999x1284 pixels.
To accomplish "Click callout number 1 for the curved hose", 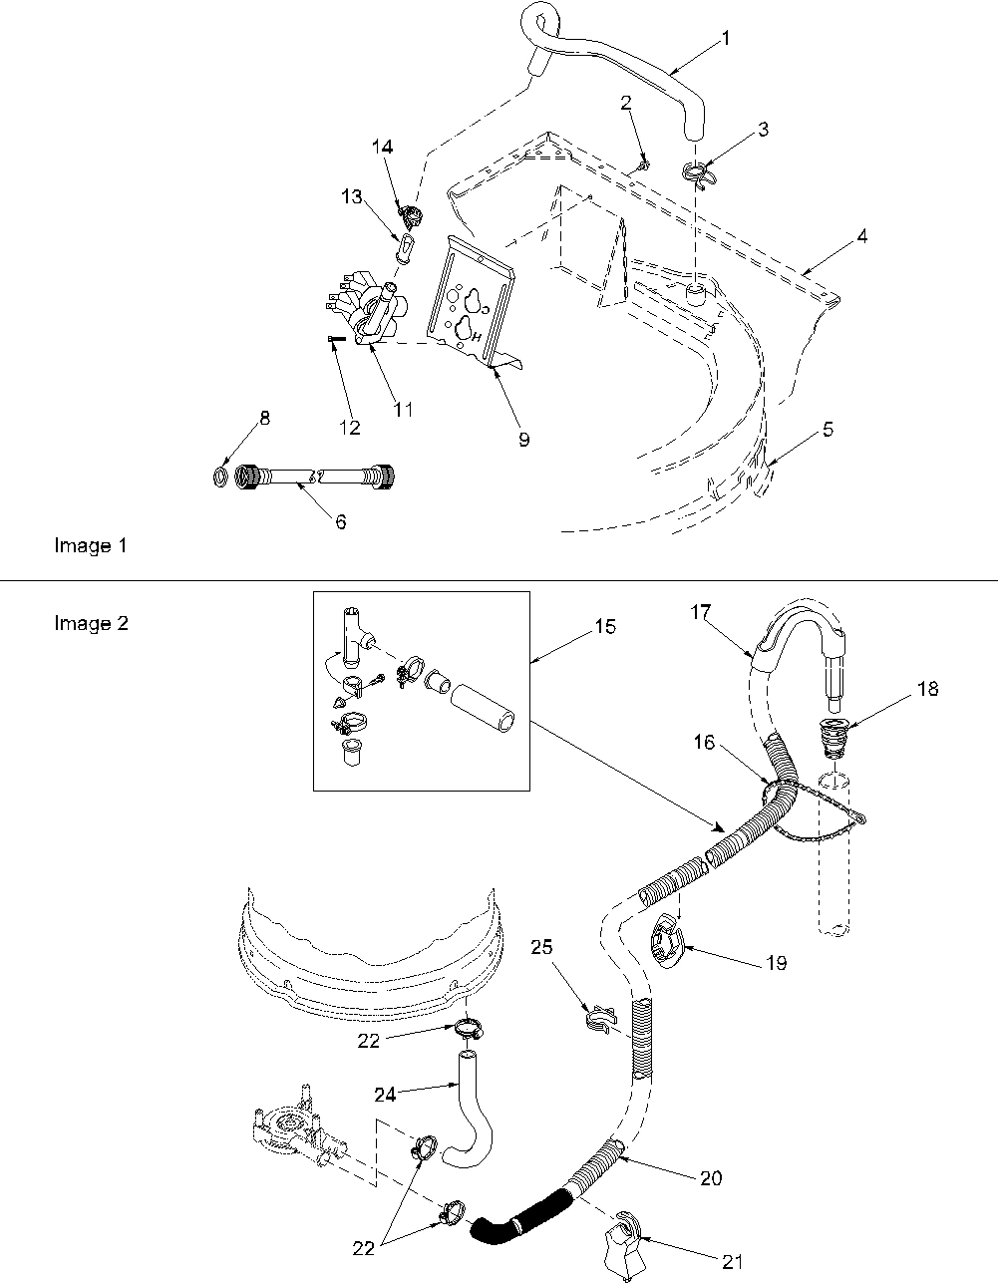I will (725, 39).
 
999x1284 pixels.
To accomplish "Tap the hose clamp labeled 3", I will (700, 173).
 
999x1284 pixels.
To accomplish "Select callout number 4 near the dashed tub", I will (861, 237).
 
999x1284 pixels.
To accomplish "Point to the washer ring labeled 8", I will (220, 477).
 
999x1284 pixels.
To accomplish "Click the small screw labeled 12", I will (334, 340).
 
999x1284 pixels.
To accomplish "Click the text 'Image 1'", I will (90, 546).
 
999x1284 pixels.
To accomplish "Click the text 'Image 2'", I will (90, 624).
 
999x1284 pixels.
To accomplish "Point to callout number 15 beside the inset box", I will (604, 627).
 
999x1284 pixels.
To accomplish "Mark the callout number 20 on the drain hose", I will (710, 1178).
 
